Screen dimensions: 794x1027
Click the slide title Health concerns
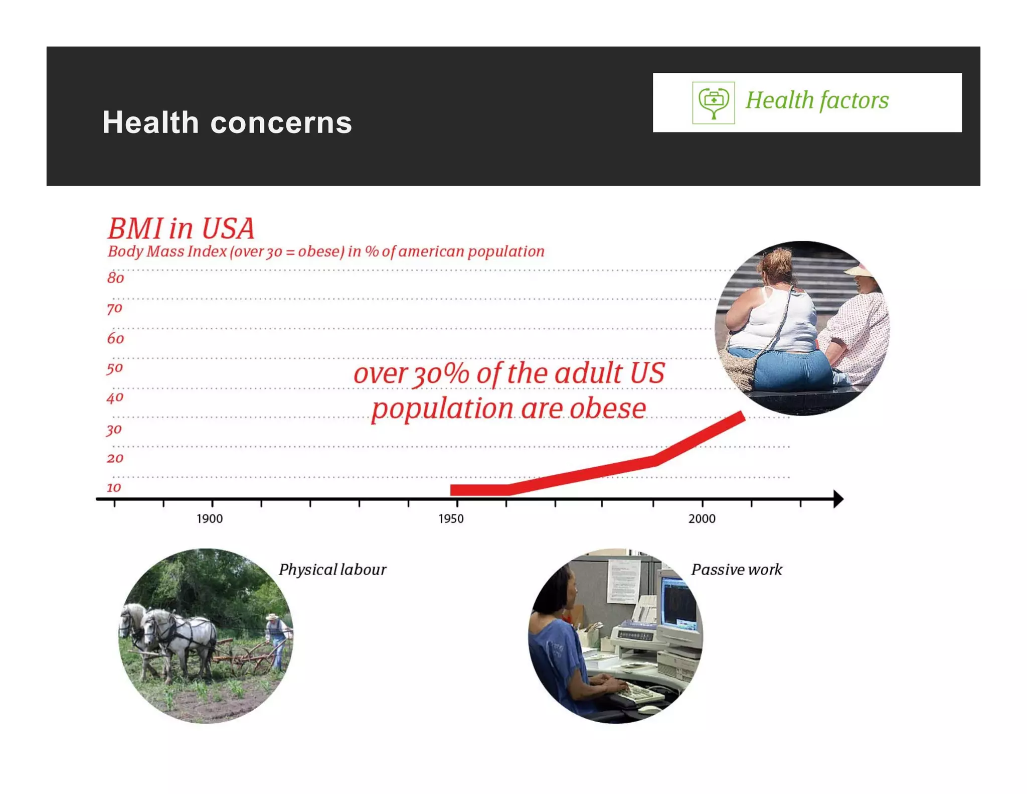click(x=227, y=122)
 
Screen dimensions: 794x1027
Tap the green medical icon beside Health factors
click(x=714, y=102)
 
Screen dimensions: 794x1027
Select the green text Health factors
click(x=817, y=100)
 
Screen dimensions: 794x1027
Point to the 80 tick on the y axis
click(x=115, y=278)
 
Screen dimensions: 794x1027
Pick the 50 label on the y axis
click(x=115, y=368)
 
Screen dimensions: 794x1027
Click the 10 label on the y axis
click(x=114, y=487)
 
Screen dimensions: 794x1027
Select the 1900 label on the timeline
click(x=210, y=519)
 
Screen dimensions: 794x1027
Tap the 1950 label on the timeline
click(x=451, y=519)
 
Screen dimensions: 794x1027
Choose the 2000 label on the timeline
click(x=702, y=519)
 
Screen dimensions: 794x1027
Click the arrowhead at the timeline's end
click(x=838, y=499)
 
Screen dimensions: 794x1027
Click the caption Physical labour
click(x=332, y=570)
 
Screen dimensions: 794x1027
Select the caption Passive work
click(x=737, y=570)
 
